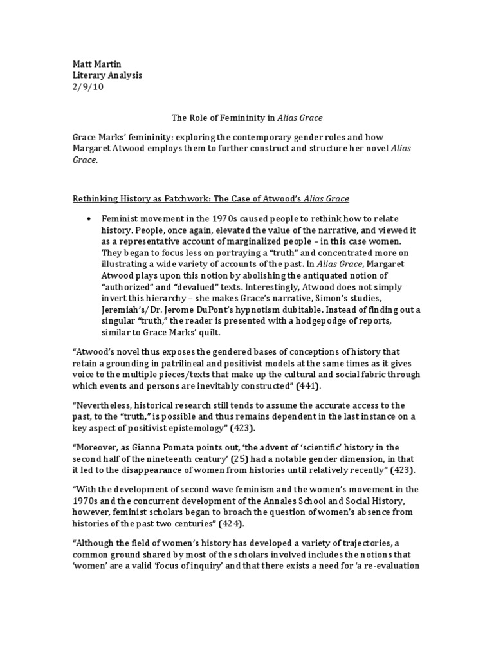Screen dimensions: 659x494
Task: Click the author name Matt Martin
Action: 96,64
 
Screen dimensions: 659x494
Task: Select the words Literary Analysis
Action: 107,75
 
